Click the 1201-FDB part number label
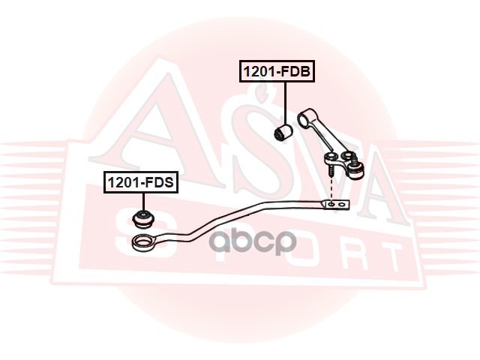276,72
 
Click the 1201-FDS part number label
140,181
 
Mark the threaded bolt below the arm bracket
329,172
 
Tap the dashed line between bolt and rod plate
330,190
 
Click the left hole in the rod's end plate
331,203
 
